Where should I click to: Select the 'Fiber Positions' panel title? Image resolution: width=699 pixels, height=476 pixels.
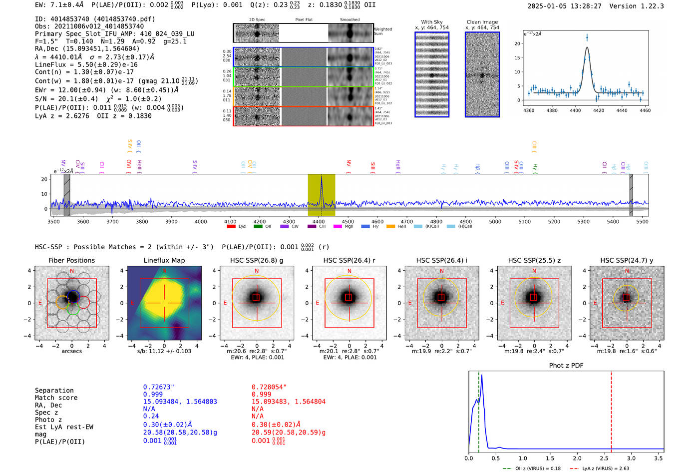click(x=71, y=260)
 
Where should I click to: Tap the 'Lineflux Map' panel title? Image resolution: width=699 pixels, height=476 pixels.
click(x=164, y=260)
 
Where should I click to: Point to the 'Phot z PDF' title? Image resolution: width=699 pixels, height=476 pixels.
click(x=566, y=366)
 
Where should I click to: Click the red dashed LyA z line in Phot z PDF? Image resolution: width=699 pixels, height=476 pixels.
click(x=611, y=410)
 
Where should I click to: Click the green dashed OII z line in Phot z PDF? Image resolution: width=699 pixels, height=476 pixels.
click(x=478, y=410)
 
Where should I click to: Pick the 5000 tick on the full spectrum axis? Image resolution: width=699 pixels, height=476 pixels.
click(x=495, y=221)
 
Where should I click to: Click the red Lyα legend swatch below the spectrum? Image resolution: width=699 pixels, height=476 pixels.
click(x=231, y=227)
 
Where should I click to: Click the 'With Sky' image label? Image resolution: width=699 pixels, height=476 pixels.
click(x=432, y=22)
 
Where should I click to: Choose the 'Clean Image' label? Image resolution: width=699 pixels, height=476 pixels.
click(x=482, y=22)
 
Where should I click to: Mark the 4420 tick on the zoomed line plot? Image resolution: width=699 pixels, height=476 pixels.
click(x=598, y=110)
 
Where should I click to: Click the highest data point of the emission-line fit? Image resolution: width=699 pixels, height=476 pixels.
click(x=587, y=37)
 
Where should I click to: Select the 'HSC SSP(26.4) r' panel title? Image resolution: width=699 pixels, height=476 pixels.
click(x=349, y=260)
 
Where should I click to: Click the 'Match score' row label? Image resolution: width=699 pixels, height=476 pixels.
click(x=56, y=398)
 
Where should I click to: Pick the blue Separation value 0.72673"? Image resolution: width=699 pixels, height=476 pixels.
click(x=159, y=387)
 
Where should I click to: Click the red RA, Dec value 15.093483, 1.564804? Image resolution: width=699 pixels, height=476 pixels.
click(x=289, y=402)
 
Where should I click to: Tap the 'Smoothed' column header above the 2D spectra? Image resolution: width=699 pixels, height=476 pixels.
click(x=349, y=20)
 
